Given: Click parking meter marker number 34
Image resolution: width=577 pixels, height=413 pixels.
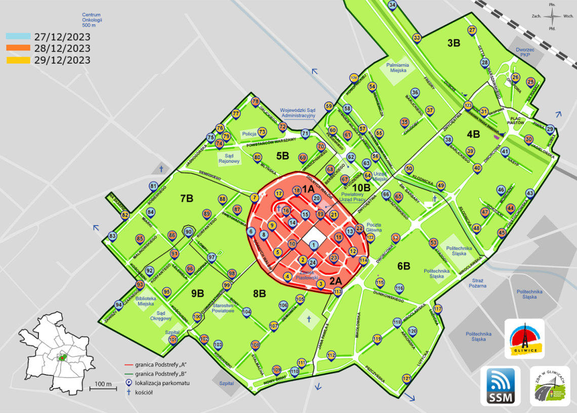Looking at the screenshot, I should pyautogui.click(x=392, y=6).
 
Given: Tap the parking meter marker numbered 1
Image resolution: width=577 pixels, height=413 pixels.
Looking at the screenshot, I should pyautogui.click(x=314, y=246).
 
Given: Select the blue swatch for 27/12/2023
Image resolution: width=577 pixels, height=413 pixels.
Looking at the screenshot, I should pyautogui.click(x=18, y=37).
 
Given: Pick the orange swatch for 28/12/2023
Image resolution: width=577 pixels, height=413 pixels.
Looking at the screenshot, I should pyautogui.click(x=18, y=49).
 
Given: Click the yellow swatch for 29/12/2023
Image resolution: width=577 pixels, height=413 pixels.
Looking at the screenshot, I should pyautogui.click(x=18, y=60).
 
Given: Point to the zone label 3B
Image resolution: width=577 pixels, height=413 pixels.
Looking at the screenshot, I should pyautogui.click(x=454, y=43).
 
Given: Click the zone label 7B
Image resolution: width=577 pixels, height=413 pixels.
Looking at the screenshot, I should pyautogui.click(x=186, y=199).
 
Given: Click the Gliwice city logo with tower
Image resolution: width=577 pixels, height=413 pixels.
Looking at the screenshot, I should pyautogui.click(x=524, y=339).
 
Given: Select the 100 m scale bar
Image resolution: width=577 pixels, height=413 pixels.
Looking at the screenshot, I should pyautogui.click(x=104, y=388).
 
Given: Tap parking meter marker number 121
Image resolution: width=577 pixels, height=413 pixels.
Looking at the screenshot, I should pyautogui.click(x=406, y=379).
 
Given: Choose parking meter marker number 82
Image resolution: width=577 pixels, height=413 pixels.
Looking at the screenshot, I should pyautogui.click(x=125, y=215).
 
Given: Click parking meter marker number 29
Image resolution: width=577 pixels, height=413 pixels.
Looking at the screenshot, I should pyautogui.click(x=550, y=129).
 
